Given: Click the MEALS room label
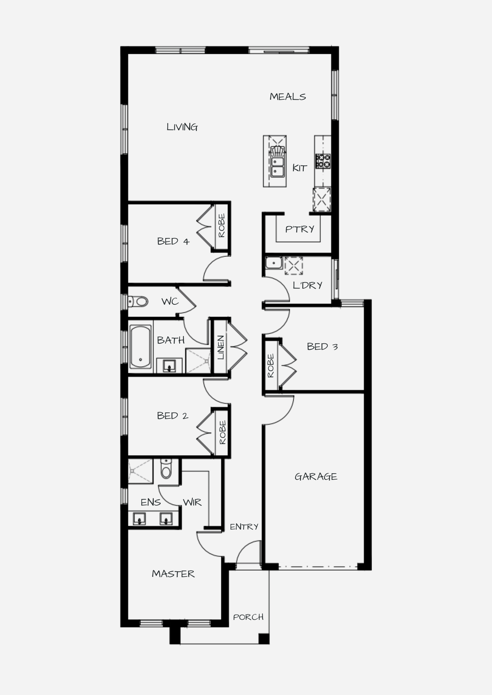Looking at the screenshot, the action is tap(288, 97).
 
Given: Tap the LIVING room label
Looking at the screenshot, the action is tap(182, 127).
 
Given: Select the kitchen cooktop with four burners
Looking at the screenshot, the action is tap(323, 161).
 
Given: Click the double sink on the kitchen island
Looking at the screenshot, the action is tap(277, 167).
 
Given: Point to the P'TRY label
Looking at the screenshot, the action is tap(300, 229).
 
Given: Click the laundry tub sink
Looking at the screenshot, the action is tap(274, 263).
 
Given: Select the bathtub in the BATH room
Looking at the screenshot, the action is tap(141, 346).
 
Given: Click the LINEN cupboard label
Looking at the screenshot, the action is tap(221, 347).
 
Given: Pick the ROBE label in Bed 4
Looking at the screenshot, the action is tap(222, 226).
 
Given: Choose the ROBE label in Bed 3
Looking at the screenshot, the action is tap(271, 366).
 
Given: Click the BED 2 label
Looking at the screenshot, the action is tap(173, 416).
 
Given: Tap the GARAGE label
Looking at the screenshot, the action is tap(316, 476).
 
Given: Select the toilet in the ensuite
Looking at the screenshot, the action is tap(166, 468).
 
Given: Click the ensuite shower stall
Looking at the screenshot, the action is tap(140, 471).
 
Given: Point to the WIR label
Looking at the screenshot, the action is tap(192, 502).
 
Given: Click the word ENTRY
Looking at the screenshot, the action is tap(244, 527).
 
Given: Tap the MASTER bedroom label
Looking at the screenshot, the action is tap(173, 574).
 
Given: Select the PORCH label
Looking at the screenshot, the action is tap(248, 617).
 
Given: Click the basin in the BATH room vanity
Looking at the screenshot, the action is tap(169, 366).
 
